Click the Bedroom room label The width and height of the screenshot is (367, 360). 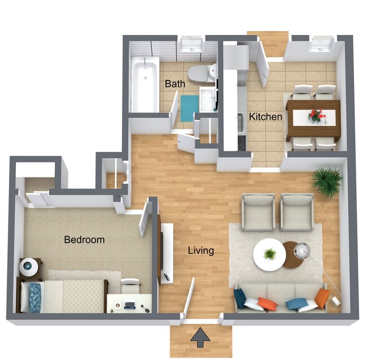tap(84, 240)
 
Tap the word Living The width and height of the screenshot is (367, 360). tap(200, 250)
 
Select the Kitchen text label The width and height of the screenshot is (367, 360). tap(265, 117)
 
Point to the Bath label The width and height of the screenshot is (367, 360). tap(174, 84)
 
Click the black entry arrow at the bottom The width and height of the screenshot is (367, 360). tap(199, 337)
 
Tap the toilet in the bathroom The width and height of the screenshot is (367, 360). tap(201, 73)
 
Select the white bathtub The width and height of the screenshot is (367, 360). tap(145, 85)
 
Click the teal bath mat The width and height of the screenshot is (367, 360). tap(189, 107)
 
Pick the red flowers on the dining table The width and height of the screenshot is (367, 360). tap(317, 116)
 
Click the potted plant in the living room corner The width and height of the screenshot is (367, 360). tap(327, 181)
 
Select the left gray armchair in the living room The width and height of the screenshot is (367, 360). tap(258, 212)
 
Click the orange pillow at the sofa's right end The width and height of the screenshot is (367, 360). tap(322, 298)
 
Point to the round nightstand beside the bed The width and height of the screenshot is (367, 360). tap(29, 266)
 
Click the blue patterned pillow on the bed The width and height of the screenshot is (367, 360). tap(35, 297)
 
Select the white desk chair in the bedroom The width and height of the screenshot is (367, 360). tap(130, 286)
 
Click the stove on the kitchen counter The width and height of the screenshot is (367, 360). tap(241, 141)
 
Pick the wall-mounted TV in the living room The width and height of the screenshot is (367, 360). tap(161, 248)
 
